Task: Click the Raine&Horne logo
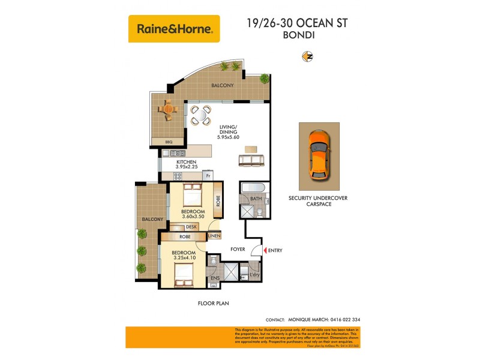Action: [174, 28]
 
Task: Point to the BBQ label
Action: [169, 142]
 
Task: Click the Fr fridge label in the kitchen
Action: [208, 176]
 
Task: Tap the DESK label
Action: [191, 227]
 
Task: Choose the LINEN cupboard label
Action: [214, 236]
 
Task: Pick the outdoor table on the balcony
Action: [169, 110]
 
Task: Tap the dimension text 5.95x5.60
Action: [228, 136]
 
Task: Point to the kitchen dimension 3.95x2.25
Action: [187, 168]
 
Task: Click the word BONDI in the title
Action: [297, 35]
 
